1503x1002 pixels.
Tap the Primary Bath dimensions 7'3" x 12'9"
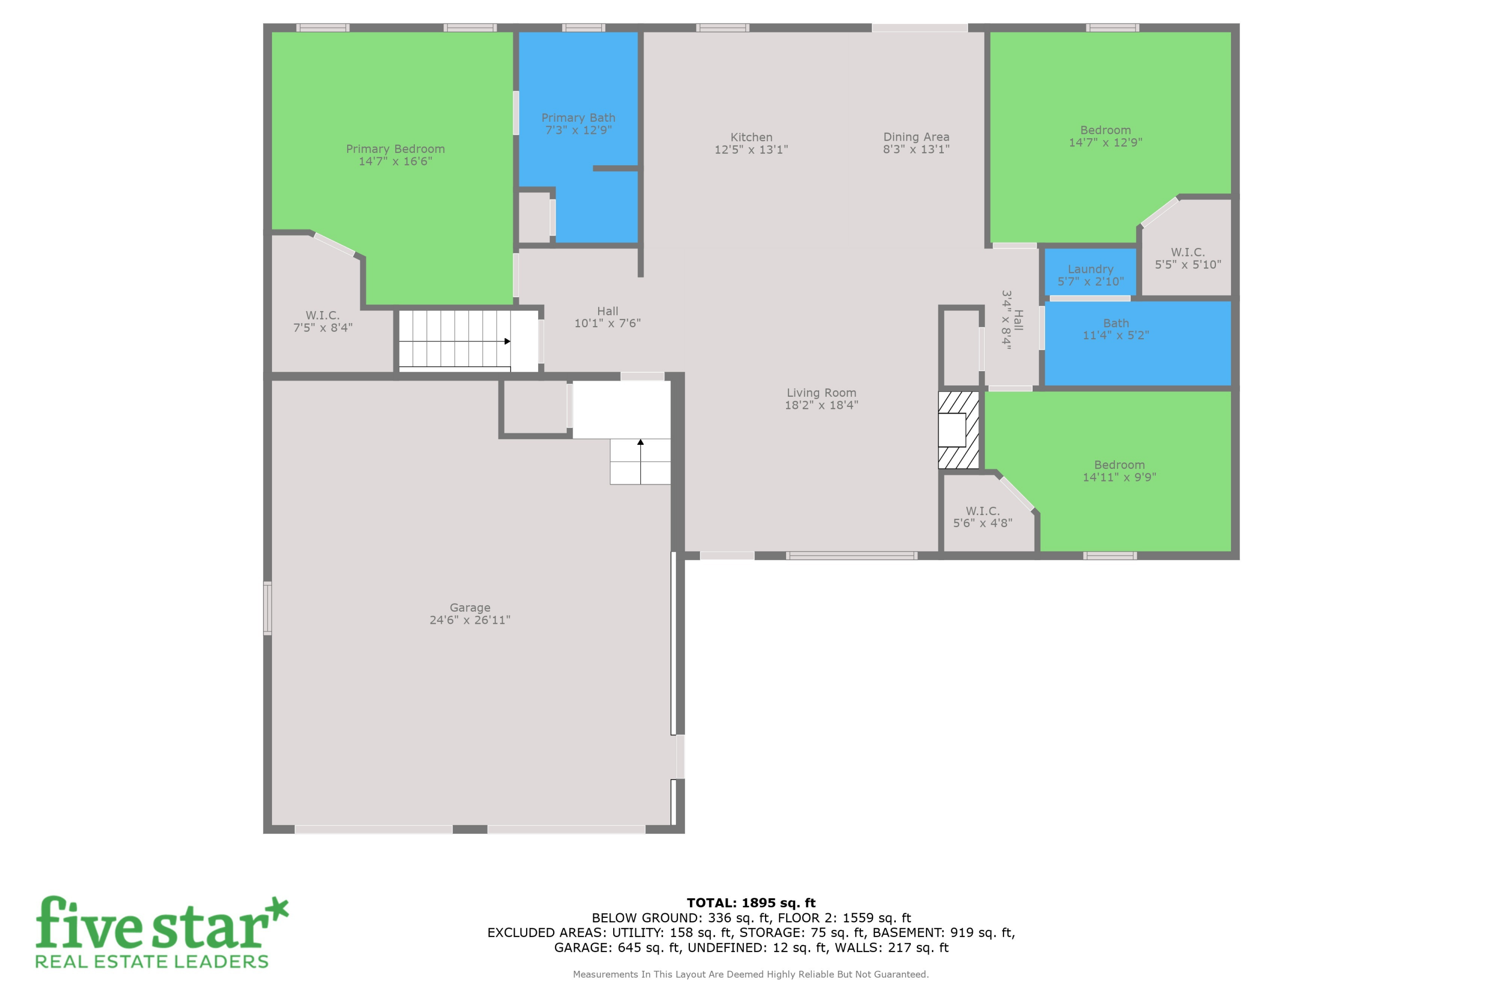[578, 130]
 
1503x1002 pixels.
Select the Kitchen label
[751, 137]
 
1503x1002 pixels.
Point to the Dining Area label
[916, 137]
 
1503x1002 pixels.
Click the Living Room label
[821, 393]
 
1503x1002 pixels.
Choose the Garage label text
[470, 608]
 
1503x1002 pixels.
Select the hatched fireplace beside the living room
[958, 429]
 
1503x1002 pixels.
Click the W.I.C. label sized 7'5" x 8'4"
[322, 322]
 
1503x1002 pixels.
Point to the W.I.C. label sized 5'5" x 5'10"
[1187, 258]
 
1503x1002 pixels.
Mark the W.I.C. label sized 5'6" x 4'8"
[982, 517]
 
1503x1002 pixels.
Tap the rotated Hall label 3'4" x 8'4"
[1012, 320]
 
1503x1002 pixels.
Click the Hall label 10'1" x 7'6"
[607, 317]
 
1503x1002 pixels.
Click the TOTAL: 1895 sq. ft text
[751, 903]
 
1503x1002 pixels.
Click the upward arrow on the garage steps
[640, 441]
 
